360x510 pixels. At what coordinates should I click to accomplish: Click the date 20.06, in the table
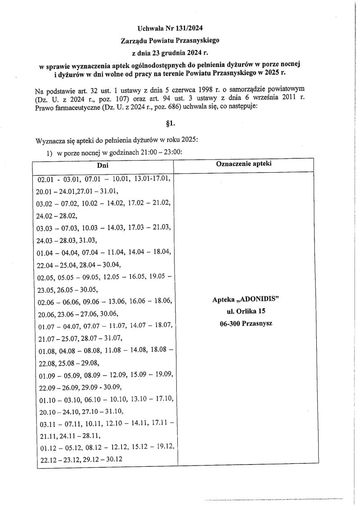[x=46, y=313]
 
